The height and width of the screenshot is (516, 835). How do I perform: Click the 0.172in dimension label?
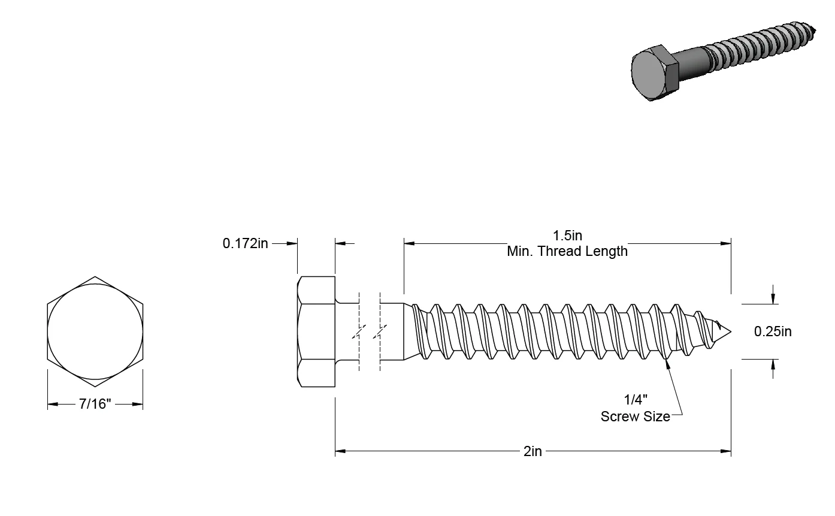[246, 243]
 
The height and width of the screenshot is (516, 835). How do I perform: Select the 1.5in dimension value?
[567, 236]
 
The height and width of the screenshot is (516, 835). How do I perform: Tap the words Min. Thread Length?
[567, 251]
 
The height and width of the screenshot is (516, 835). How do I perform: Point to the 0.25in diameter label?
[773, 331]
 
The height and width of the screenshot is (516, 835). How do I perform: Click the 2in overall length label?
[533, 451]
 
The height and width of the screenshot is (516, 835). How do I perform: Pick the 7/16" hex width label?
[95, 405]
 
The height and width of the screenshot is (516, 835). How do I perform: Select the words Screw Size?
[635, 416]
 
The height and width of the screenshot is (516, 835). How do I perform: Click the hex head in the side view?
[316, 331]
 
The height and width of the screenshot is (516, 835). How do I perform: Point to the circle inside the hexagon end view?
[95, 331]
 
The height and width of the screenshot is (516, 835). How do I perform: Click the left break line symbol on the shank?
[359, 331]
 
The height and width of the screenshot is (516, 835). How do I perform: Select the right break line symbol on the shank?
[380, 331]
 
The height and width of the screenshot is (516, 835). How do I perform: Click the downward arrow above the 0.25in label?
[773, 300]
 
